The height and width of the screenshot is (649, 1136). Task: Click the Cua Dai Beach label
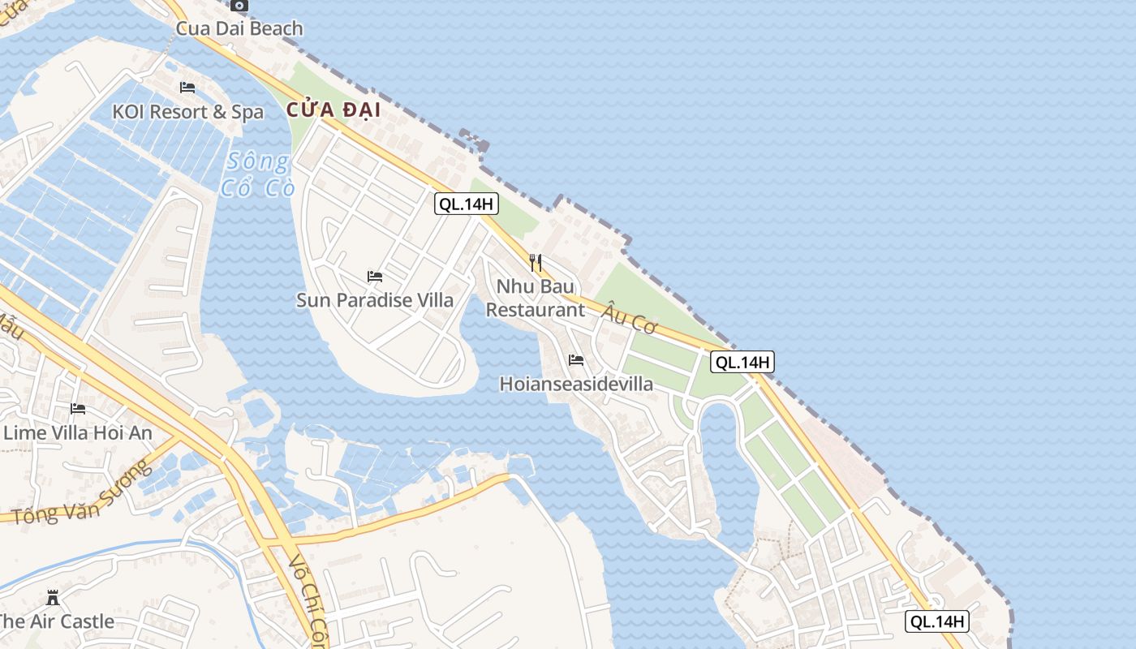[x=239, y=28]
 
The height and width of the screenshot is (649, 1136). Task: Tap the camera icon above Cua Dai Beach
[x=239, y=5]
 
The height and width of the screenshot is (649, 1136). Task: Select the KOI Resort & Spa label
[x=188, y=112]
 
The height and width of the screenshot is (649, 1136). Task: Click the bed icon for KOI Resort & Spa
[x=187, y=88]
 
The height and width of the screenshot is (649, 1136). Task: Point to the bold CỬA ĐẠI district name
[x=333, y=110]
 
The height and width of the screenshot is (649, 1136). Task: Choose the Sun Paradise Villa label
[x=375, y=300]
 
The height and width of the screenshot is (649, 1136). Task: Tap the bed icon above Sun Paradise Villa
[x=375, y=277]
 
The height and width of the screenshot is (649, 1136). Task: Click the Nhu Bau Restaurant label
[x=535, y=298]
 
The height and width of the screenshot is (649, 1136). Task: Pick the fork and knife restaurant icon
[x=535, y=262]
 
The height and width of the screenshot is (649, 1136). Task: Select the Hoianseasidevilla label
[x=576, y=384]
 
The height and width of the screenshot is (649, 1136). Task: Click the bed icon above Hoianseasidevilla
[x=576, y=359]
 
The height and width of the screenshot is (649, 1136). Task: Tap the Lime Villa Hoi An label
[x=78, y=432]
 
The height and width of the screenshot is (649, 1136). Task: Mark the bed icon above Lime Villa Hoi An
[x=78, y=408]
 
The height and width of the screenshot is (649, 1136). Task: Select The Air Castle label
[x=55, y=622]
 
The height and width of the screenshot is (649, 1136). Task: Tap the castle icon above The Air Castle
[x=53, y=598]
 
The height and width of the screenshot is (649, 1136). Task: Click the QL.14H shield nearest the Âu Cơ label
[x=742, y=362]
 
